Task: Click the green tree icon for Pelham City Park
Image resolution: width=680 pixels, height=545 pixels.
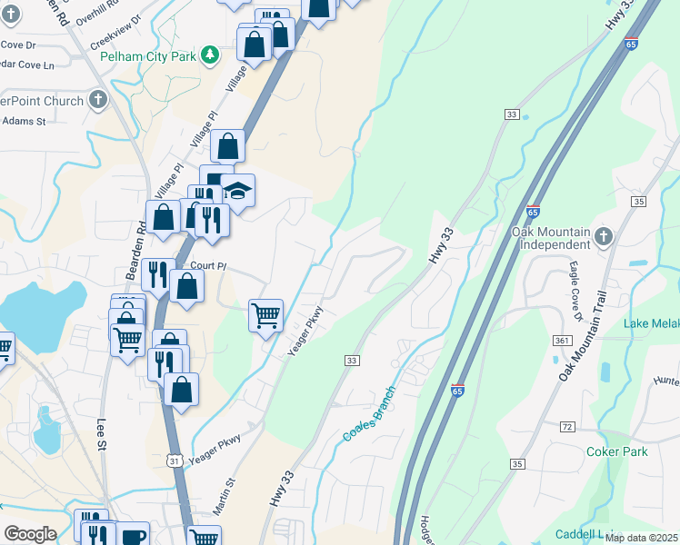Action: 210,55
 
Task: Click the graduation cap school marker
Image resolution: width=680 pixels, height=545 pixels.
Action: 238,192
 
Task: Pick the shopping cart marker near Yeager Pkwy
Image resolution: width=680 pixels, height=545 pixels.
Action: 265,316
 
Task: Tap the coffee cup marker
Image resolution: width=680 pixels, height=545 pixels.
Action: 133,536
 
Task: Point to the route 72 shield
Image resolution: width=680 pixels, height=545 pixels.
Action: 567,426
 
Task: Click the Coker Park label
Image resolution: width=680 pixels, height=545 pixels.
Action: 617,451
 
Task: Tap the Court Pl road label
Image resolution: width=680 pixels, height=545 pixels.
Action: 207,266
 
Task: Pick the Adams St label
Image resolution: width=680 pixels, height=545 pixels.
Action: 22,120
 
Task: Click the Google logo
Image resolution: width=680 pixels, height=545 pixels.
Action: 30,534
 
